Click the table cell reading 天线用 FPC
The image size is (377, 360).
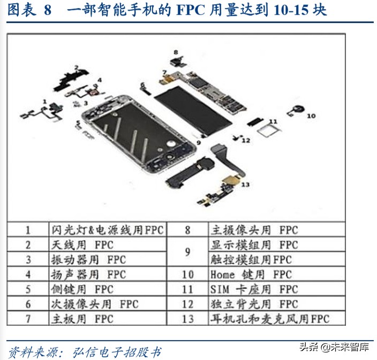click(x=108, y=245)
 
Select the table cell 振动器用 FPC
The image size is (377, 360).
click(x=108, y=260)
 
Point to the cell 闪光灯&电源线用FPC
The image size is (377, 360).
click(x=108, y=230)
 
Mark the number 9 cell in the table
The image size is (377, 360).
click(x=188, y=252)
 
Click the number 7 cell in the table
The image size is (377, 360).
click(x=28, y=319)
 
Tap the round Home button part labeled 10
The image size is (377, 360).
click(x=296, y=112)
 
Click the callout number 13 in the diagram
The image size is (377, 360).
click(x=246, y=185)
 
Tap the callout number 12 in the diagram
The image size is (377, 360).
click(x=246, y=141)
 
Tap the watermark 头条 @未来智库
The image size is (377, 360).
click(x=334, y=347)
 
